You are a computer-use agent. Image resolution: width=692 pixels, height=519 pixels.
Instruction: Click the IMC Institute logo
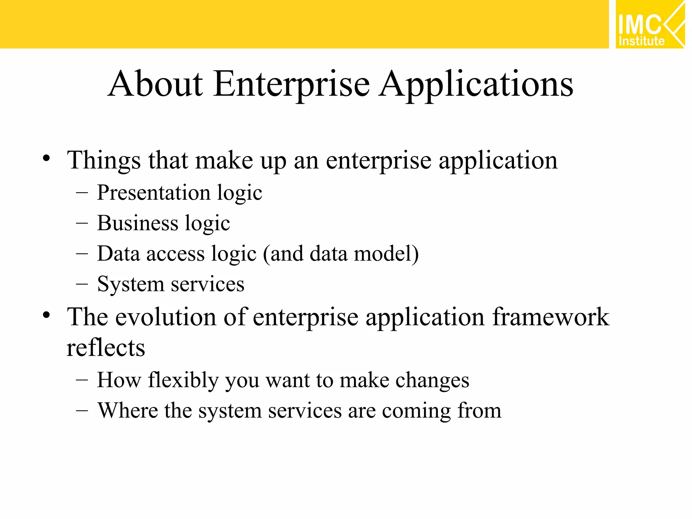point(649,24)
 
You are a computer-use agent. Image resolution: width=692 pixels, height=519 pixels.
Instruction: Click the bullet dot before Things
point(47,158)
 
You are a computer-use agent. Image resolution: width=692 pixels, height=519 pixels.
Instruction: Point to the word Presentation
point(154,193)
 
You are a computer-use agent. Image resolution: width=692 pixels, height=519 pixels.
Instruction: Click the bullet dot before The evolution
point(47,315)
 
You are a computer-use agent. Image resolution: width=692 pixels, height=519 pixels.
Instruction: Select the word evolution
point(166,317)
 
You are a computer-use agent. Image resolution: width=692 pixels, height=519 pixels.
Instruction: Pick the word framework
point(550,317)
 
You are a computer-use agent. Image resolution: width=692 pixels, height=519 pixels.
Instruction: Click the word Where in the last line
point(128,411)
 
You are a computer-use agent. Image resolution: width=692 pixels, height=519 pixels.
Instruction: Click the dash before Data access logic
point(82,254)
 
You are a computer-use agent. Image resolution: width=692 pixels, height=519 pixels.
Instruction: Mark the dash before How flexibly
point(82,380)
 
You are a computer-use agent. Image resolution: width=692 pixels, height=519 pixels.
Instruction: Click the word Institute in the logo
point(641,41)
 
